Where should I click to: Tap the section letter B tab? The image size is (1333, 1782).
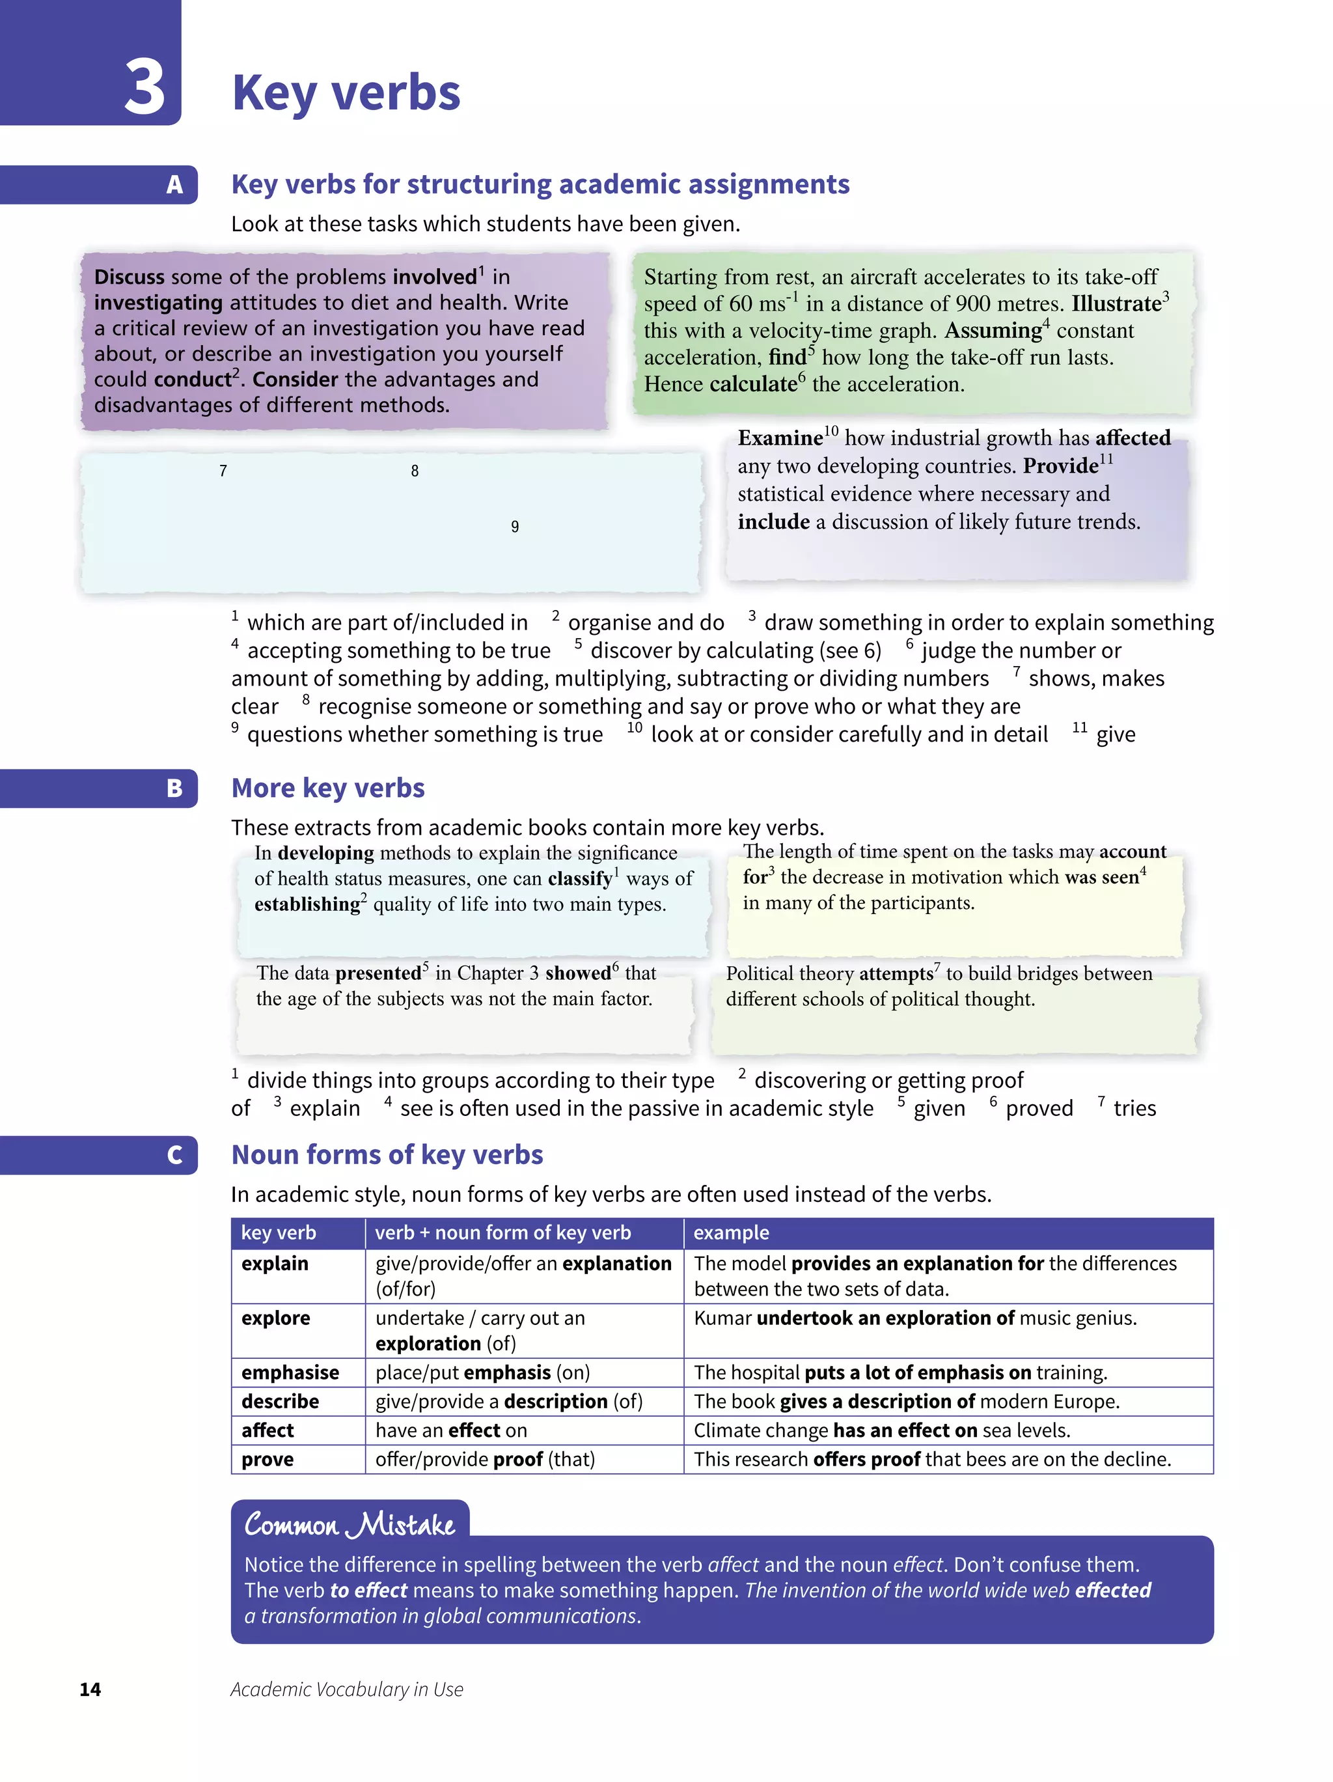coord(174,788)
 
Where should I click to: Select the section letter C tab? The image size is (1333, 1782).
coord(174,1154)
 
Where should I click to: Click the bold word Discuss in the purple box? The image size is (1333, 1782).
coord(129,277)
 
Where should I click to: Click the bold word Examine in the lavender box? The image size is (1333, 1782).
coord(779,438)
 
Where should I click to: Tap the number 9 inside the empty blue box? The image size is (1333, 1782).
coord(515,527)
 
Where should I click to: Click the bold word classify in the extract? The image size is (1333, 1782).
coord(580,879)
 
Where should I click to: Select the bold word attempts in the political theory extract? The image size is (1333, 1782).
coord(895,974)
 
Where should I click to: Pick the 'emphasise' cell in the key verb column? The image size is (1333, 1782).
coord(290,1372)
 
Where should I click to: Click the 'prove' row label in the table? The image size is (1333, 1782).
coord(268,1459)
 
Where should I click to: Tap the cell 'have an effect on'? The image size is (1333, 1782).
coord(451,1430)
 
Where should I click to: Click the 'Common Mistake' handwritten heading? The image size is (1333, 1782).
coord(350,1525)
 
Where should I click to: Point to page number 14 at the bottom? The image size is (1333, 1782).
coord(90,1690)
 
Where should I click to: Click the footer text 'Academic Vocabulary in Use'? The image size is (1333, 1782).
coord(346,1690)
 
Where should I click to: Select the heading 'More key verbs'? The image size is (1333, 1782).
coord(328,788)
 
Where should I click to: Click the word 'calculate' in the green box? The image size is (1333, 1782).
coord(752,384)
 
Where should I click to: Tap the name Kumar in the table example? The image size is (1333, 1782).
coord(722,1318)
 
